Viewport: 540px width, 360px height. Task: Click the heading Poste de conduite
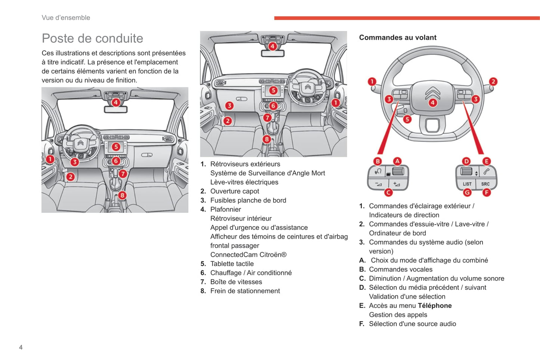coord(92,38)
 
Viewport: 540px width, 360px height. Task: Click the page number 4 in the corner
coord(21,347)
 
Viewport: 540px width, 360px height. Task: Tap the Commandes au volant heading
coord(398,37)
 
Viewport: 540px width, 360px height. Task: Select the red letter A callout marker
coord(397,161)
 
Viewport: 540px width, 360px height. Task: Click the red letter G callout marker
coord(467,193)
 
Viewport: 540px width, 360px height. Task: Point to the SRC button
coord(485,184)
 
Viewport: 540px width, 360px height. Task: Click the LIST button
coord(467,184)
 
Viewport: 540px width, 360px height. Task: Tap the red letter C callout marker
coord(388,192)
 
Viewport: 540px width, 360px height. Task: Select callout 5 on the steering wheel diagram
coord(407,120)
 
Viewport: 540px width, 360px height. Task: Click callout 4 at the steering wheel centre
coord(432,103)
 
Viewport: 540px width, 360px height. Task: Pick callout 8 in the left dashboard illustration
coord(122,195)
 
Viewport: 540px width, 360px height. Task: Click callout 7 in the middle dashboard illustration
coord(267,118)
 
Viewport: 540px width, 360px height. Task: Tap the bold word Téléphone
coord(435,305)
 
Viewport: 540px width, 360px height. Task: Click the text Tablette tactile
coord(232,264)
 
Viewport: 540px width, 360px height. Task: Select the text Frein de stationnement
coord(245,291)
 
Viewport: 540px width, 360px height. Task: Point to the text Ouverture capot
coord(234,191)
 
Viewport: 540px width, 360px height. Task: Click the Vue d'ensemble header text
coord(66,18)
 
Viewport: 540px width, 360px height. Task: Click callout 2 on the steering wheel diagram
coord(493,81)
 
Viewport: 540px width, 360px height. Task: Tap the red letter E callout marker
coord(486,161)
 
